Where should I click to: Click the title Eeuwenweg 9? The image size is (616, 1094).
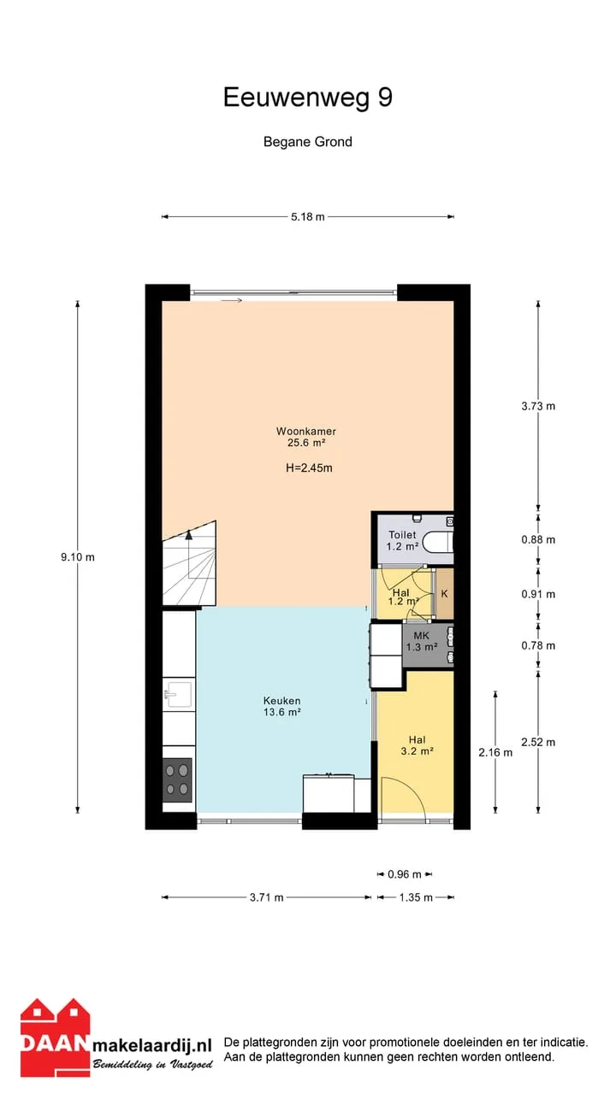[307, 97]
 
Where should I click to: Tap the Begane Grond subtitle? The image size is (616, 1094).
[307, 142]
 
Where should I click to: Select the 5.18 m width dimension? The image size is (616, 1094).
[307, 217]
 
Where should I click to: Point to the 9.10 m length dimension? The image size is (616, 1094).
[78, 556]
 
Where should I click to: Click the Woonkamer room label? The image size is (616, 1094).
[306, 432]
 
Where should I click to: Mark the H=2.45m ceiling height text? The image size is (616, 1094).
[309, 468]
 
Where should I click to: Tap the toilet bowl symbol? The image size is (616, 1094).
[438, 542]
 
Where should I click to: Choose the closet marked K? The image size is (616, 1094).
[444, 594]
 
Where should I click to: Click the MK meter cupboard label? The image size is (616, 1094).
[422, 635]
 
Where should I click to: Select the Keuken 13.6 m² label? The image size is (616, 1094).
[282, 706]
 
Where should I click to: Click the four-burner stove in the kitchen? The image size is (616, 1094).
[177, 780]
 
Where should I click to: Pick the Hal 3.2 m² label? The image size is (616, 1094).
[418, 745]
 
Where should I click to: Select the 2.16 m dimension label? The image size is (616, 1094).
[495, 753]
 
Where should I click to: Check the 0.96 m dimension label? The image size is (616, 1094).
[405, 874]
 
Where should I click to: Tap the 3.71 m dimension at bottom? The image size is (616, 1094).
[266, 897]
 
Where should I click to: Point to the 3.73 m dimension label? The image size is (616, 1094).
[538, 406]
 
